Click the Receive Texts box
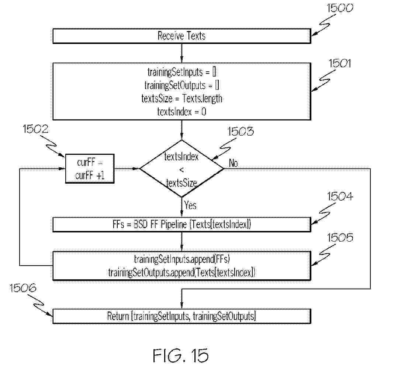pos(182,36)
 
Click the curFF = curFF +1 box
pos(90,169)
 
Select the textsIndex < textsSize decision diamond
pos(182,169)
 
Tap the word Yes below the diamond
pos(190,205)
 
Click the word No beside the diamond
pos(233,163)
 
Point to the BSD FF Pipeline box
pos(182,224)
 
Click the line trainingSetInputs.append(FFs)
pos(182,258)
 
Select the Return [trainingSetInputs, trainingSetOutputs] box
pos(182,316)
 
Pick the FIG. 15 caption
pos(180,355)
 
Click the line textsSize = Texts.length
pos(182,99)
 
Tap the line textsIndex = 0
pos(182,111)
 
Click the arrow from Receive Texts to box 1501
pos(182,52)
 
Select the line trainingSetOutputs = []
pos(182,85)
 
